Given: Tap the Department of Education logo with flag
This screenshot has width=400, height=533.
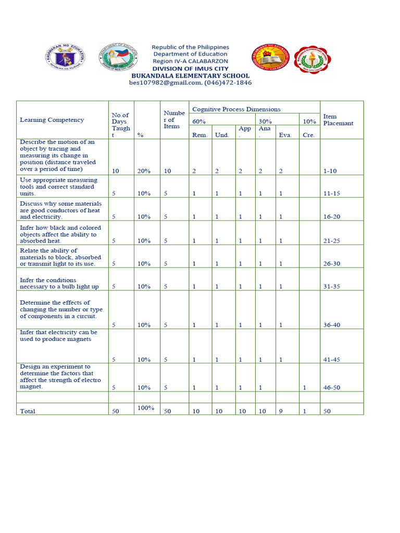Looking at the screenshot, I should (x=119, y=57).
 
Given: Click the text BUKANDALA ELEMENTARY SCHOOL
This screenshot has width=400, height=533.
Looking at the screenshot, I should (x=190, y=75).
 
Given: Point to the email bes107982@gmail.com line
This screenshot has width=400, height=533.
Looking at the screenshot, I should (x=190, y=82).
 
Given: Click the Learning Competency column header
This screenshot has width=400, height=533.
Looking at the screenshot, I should (x=52, y=120).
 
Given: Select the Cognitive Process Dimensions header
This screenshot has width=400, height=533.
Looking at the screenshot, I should (x=236, y=109).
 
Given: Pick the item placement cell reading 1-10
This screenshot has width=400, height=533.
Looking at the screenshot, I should (x=330, y=171).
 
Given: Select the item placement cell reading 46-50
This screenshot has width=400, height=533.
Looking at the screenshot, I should (x=332, y=387).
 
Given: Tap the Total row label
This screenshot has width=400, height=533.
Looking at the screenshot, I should (x=28, y=411).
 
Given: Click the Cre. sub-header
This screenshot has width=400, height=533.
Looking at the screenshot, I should (x=308, y=135).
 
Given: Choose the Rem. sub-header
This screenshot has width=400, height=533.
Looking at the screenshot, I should (x=199, y=135).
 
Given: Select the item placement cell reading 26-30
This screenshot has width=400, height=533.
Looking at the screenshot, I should (x=332, y=263).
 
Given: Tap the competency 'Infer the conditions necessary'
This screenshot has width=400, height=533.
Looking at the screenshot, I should (x=59, y=283).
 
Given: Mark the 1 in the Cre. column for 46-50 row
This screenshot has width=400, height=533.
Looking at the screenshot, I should (x=305, y=387).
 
